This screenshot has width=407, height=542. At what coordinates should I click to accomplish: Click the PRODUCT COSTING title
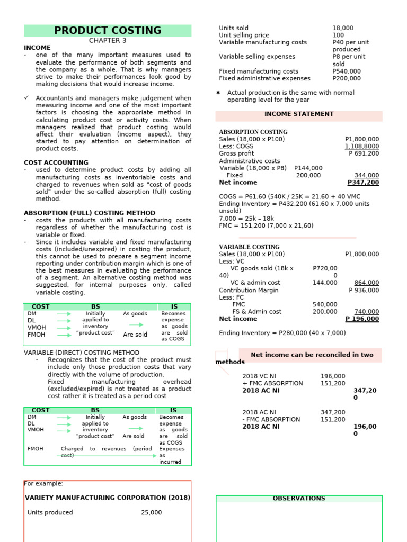(108, 31)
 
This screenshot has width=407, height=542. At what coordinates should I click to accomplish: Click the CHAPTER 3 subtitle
(108, 41)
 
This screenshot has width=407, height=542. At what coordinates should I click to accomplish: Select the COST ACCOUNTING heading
(56, 162)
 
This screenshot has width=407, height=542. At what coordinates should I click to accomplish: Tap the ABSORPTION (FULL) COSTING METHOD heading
(90, 213)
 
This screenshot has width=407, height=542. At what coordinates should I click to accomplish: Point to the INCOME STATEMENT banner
(298, 114)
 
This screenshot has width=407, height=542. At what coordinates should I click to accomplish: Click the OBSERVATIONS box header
(299, 499)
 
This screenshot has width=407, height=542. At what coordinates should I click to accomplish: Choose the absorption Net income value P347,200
(363, 183)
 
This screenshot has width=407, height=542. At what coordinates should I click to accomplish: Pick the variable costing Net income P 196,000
(362, 319)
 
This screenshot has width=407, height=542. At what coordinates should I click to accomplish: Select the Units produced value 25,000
(152, 512)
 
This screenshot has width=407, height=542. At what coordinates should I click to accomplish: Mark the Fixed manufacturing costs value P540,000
(347, 71)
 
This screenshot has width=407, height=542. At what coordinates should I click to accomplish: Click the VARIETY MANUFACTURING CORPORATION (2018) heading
(108, 498)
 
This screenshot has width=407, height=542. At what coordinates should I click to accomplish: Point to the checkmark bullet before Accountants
(26, 98)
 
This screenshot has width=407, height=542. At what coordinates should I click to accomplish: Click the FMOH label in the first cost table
(36, 335)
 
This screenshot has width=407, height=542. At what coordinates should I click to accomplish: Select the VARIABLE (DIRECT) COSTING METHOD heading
(82, 353)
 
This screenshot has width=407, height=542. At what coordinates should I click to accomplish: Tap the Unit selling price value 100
(338, 35)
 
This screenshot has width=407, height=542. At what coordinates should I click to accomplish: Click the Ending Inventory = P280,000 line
(282, 333)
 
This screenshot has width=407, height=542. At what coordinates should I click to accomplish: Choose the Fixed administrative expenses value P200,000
(347, 78)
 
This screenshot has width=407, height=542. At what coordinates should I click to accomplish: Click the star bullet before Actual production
(218, 93)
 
